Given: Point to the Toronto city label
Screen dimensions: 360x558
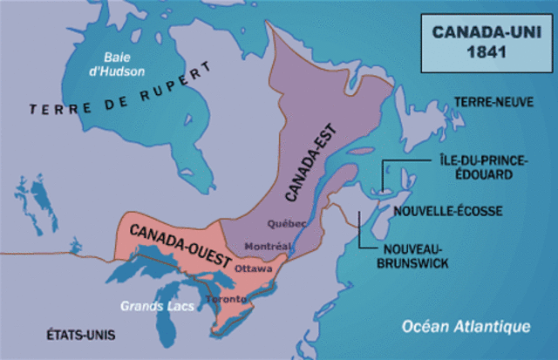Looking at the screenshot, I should point(226,300).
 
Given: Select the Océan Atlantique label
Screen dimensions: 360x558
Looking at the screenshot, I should point(466,327).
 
